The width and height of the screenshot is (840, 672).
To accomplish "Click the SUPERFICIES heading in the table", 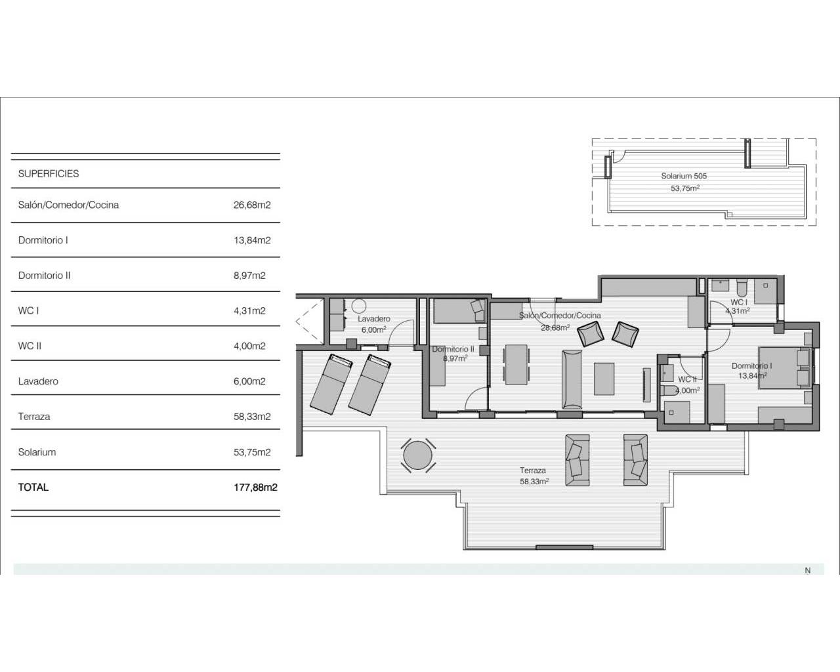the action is click(49, 174).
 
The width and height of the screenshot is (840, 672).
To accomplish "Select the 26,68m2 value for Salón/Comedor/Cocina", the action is click(252, 205).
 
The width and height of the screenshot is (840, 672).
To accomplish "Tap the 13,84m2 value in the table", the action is click(252, 240).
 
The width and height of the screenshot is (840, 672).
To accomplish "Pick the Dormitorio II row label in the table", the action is click(44, 275).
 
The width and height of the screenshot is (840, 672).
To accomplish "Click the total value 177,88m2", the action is click(255, 488).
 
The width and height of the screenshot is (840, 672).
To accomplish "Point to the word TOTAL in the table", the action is click(33, 488).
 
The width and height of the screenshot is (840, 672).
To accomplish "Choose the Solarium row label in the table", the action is click(37, 452).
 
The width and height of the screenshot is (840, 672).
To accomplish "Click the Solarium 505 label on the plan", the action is click(684, 176).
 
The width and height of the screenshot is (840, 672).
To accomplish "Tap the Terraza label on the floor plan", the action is click(532, 471).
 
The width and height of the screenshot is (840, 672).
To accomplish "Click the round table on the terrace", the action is click(417, 455).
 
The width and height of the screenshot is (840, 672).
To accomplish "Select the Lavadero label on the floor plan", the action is click(374, 319).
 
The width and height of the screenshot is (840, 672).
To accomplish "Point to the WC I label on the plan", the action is click(739, 303).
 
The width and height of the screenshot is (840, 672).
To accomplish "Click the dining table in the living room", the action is click(516, 365).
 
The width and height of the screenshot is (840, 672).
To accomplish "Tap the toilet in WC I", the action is click(742, 288).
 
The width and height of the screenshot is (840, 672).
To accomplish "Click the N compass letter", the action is click(808, 570).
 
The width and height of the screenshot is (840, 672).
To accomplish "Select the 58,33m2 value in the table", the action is click(252, 417).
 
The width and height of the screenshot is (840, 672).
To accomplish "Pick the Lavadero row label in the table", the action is click(38, 381).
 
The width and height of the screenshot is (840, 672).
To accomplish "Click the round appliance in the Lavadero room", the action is click(359, 306).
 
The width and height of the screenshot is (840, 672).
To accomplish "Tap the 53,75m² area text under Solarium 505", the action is click(685, 188).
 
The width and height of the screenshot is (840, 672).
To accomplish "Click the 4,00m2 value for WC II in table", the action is click(249, 346).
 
